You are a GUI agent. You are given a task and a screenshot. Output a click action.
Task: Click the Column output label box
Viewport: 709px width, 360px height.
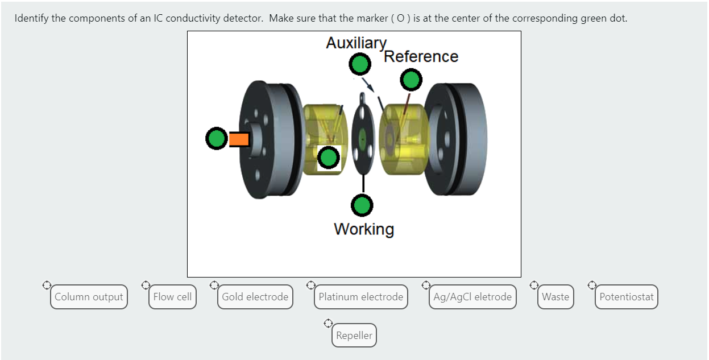point(89,297)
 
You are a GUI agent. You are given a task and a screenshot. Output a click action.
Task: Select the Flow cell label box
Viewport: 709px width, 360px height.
point(172,297)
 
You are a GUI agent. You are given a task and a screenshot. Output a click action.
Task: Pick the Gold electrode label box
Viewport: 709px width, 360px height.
point(255,297)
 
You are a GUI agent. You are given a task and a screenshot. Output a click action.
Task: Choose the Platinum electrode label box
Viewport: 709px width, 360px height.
point(360,297)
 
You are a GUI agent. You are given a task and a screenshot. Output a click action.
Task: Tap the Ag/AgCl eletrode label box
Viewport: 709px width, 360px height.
point(472,297)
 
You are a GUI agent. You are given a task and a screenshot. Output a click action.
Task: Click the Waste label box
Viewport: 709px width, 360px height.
point(555,297)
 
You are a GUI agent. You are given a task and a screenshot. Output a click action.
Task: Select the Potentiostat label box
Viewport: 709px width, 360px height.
point(627,297)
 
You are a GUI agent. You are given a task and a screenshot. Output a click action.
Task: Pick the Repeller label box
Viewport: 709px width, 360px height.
point(354,336)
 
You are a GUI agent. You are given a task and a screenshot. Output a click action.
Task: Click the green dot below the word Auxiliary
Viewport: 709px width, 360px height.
point(359,65)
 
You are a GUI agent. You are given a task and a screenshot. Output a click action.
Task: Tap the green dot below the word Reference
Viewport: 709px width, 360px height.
point(411,80)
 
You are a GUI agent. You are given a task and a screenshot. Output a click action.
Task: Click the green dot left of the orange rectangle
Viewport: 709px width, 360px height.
point(217,139)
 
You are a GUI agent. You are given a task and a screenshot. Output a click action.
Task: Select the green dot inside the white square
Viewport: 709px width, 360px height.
point(328,158)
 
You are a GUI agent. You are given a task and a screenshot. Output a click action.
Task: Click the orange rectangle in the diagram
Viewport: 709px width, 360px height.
point(239,139)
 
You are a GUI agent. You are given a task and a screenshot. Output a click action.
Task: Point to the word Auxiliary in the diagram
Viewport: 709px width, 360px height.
point(356,43)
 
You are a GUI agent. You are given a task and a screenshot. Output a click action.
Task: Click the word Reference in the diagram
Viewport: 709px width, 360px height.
point(421,56)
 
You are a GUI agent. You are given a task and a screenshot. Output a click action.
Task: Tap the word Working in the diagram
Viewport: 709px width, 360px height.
point(364,229)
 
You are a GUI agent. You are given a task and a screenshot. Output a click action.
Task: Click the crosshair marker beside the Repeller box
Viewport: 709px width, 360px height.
point(328,324)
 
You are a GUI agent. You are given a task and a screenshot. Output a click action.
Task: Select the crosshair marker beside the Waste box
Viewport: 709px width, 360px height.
point(534,284)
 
